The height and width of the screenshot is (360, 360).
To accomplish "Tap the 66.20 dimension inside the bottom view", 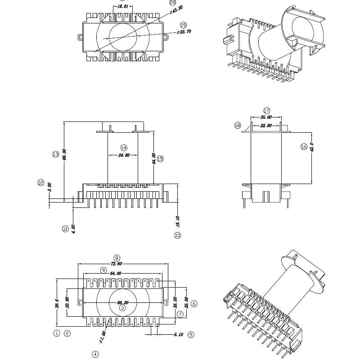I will click(123, 302).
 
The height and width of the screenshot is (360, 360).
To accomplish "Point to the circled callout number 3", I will click(122, 308).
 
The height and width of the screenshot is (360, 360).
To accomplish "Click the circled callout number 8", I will click(117, 258).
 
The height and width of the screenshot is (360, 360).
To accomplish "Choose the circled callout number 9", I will click(103, 270).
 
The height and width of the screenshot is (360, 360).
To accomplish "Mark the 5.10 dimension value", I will click(178, 334).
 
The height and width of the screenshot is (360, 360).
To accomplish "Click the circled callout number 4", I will click(95, 354).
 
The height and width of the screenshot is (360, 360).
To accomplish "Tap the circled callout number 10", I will click(177, 235).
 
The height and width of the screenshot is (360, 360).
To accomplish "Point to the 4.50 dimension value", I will click(73, 229).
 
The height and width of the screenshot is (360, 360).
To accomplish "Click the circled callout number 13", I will click(56, 154).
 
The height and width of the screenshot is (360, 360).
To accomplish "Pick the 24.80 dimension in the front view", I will click(124, 155).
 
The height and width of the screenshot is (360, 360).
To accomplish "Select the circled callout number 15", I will click(160, 158).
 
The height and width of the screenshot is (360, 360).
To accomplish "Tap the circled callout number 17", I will click(266, 111).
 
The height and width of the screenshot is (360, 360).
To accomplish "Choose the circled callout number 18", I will click(238, 126).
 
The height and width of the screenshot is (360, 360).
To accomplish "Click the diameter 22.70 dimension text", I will click(184, 32).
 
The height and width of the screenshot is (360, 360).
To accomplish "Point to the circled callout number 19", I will click(183, 25).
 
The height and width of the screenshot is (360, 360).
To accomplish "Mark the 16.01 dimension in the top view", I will click(123, 7).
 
